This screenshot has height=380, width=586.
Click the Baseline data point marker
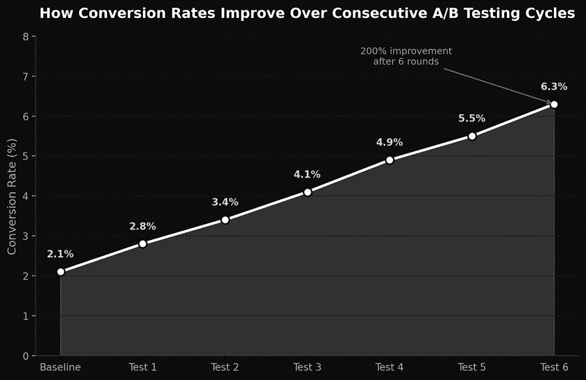[x=61, y=272]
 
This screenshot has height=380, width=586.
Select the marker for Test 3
[x=308, y=192]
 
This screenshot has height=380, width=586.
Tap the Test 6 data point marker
[x=554, y=104]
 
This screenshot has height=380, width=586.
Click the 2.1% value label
[x=60, y=254]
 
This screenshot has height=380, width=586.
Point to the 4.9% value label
[x=390, y=142]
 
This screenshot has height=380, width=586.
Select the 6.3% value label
[x=554, y=87]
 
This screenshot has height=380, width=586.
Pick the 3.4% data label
[x=225, y=202]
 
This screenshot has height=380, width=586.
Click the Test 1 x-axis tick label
[x=143, y=367]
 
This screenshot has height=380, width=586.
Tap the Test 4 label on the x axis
[x=390, y=367]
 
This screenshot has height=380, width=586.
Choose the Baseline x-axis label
[x=60, y=367]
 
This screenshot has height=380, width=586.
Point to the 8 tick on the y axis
[x=26, y=37]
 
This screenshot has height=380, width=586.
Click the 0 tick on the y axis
[x=26, y=356]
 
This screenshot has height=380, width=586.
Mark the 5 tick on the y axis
[x=26, y=156]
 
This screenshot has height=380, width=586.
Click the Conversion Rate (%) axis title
[x=12, y=196]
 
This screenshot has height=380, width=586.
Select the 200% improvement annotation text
[x=406, y=56]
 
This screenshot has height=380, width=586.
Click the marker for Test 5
[x=472, y=136]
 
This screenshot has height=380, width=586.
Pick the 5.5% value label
[x=472, y=119]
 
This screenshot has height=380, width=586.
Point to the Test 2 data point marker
[x=225, y=220]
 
